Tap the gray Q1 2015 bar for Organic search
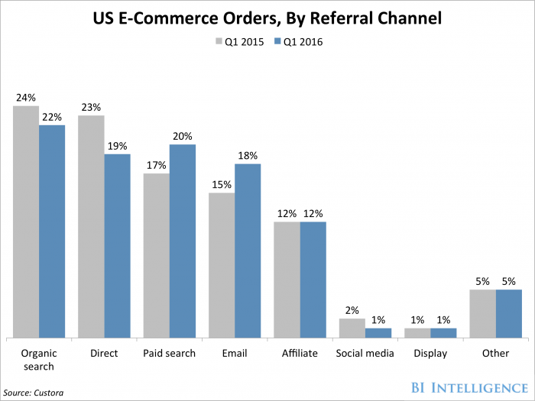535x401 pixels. pyautogui.click(x=25, y=222)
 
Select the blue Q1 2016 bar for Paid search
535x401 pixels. pyautogui.click(x=183, y=241)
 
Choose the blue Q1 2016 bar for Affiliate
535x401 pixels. pyautogui.click(x=313, y=280)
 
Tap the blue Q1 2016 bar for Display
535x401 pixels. pyautogui.click(x=443, y=333)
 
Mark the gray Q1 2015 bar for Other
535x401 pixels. pyautogui.click(x=482, y=314)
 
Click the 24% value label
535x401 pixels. pyautogui.click(x=25, y=98)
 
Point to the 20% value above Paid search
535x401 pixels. pyautogui.click(x=183, y=137)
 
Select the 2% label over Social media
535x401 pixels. pyautogui.click(x=352, y=311)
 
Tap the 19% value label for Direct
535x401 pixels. pyautogui.click(x=117, y=146)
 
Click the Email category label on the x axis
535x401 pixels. pyautogui.click(x=235, y=354)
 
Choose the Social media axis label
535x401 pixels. pyautogui.click(x=365, y=354)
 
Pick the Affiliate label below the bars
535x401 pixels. pyautogui.click(x=300, y=354)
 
